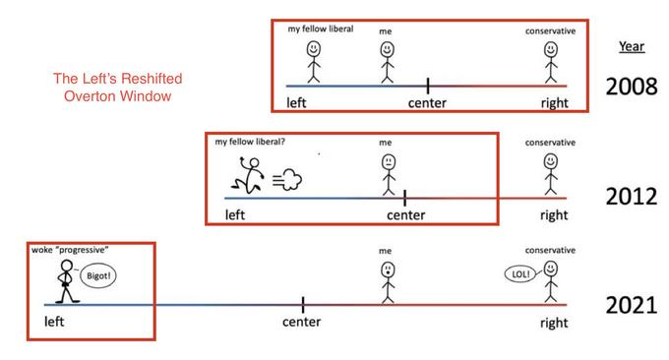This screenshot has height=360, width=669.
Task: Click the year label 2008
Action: (630, 85)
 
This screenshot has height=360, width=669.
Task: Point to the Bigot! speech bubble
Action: (98, 277)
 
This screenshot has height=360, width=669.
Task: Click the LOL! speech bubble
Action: (521, 274)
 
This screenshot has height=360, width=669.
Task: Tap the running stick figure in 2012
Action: (246, 177)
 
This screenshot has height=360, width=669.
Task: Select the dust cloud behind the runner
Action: (292, 178)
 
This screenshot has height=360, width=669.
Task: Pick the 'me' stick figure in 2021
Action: (387, 280)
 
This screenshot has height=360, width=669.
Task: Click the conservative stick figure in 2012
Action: (549, 171)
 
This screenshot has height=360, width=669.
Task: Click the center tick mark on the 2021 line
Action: (302, 304)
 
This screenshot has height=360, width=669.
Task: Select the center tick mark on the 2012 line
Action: (405, 198)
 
